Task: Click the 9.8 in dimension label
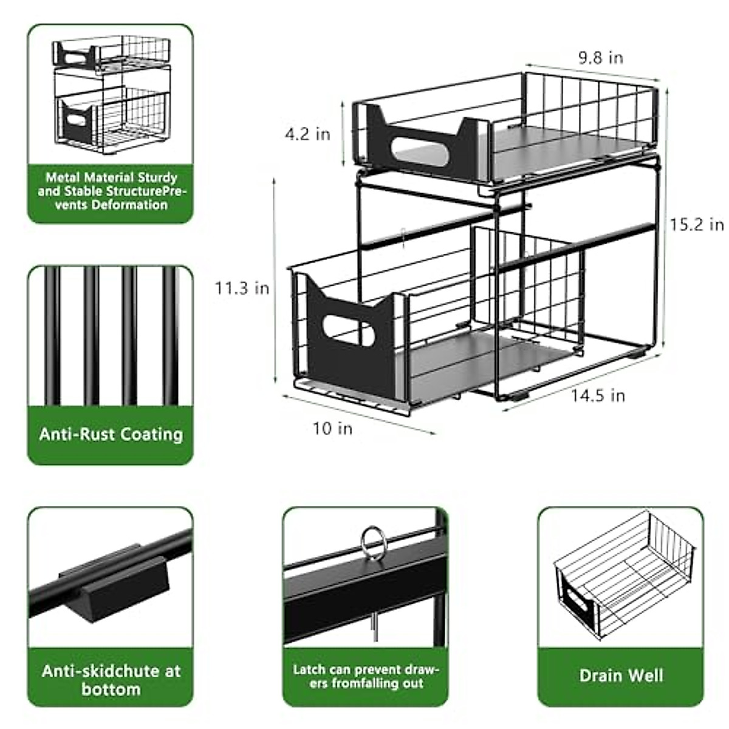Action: click(x=600, y=58)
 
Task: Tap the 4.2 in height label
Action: click(x=307, y=134)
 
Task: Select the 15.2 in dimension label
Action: click(x=697, y=224)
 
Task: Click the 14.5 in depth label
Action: click(x=598, y=395)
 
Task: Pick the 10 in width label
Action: click(x=332, y=428)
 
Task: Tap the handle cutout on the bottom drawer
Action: click(x=348, y=330)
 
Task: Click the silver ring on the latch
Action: click(x=374, y=541)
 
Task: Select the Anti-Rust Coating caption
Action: click(x=111, y=434)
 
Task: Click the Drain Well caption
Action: click(x=621, y=676)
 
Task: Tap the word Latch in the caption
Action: click(x=309, y=669)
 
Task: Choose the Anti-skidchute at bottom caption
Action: click(x=111, y=680)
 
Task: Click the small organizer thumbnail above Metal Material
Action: click(x=111, y=94)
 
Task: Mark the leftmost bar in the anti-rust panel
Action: click(x=52, y=337)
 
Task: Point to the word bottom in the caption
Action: click(x=111, y=690)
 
